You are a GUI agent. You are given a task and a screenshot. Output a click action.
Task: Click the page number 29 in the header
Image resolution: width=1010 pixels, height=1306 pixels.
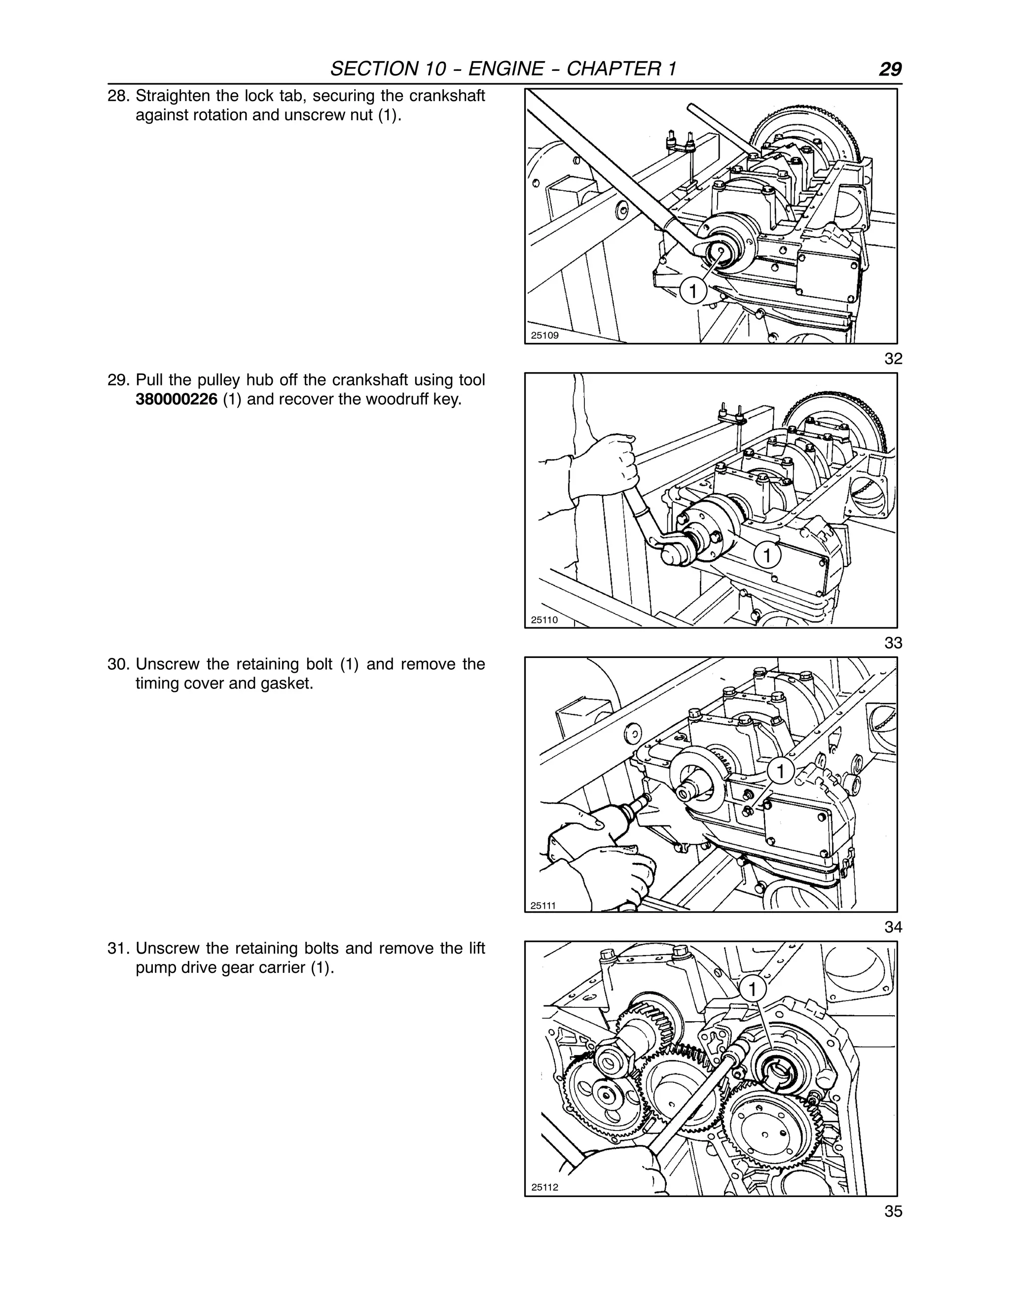pos(890,69)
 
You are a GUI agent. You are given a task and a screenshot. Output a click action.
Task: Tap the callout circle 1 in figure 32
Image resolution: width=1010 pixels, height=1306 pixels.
pos(693,292)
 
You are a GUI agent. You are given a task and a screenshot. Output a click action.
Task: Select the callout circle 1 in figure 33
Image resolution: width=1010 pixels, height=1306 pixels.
pos(767,555)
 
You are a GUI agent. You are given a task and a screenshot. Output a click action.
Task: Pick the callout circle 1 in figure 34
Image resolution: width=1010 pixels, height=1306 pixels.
pos(780,772)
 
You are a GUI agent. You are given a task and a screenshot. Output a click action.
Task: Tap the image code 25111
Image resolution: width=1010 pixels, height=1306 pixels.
pos(543,905)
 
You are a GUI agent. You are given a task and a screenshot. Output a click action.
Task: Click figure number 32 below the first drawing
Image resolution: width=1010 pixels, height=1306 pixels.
pos(893,359)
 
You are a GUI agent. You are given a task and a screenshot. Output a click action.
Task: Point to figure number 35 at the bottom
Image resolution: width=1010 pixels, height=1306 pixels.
pos(893,1211)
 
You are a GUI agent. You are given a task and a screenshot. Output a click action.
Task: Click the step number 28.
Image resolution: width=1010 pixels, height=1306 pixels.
pos(118,96)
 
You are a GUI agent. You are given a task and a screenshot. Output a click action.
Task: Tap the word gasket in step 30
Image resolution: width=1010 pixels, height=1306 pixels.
pos(286,683)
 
